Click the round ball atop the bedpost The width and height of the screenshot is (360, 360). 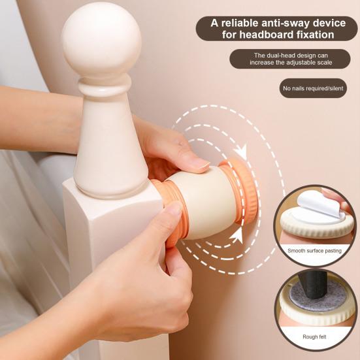[101, 40]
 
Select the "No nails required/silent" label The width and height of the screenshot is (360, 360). [313, 88]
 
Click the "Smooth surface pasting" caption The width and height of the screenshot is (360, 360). [315, 250]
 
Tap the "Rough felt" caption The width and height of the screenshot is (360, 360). [315, 337]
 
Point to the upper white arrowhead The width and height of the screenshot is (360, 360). [240, 152]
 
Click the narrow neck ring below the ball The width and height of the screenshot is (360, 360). [103, 88]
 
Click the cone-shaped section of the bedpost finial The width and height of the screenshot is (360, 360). [108, 150]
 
